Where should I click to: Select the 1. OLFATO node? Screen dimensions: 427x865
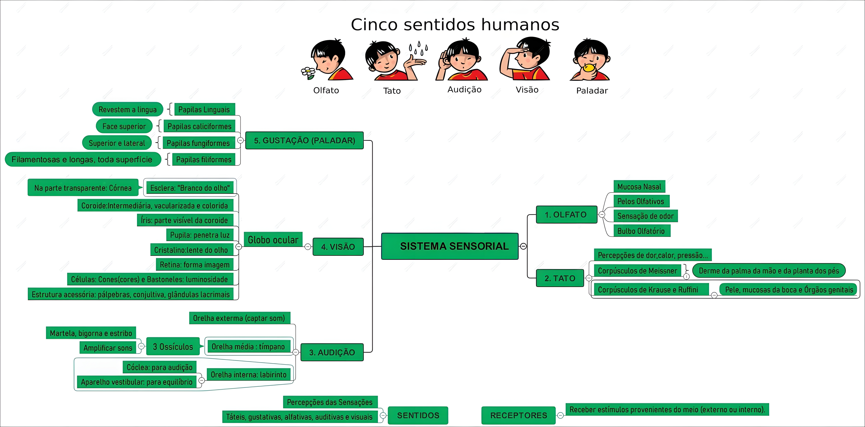coord(566,215)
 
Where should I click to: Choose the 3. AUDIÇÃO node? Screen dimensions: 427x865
coord(332,352)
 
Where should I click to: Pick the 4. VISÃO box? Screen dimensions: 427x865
coord(338,247)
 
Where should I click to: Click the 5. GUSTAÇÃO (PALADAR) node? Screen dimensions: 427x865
coord(304,140)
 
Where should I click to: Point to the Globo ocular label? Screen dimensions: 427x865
coord(273,240)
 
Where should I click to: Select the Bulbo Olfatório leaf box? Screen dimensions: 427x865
coord(641,231)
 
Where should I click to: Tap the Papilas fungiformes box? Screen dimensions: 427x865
coord(198,143)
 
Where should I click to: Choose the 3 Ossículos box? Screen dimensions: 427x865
coord(173,346)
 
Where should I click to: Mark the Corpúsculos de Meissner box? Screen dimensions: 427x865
coord(637,271)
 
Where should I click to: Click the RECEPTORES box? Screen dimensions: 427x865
coord(518,415)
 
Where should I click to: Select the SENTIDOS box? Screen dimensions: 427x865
coord(418,415)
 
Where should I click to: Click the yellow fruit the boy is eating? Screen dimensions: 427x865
coord(588,68)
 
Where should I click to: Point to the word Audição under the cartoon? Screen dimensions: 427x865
coord(464,90)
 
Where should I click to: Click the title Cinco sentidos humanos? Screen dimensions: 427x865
coord(455,25)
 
